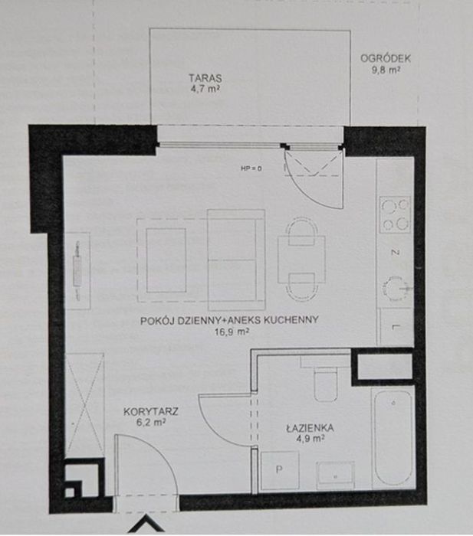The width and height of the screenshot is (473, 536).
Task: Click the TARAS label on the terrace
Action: coord(205,78)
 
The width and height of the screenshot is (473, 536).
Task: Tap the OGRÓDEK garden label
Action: coord(386,58)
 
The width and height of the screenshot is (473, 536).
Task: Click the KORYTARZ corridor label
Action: coord(151,411)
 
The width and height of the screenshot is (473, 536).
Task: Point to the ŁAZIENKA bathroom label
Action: coord(310,428)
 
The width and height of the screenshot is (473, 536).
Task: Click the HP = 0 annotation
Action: coord(251,168)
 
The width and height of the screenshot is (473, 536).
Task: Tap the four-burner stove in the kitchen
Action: coord(396,214)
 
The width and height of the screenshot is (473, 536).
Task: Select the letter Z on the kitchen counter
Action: coord(396,253)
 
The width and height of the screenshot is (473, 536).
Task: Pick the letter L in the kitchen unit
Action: coord(396,327)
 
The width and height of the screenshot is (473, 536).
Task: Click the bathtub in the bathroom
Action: coord(393,437)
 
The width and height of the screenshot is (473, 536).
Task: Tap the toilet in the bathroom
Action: coord(326,384)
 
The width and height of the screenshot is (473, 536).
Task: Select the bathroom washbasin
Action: coord(336,476)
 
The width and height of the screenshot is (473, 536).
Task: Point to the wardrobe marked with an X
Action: coord(84,405)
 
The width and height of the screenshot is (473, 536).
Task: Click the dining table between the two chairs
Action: coord(301,260)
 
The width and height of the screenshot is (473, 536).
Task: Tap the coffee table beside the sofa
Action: coord(166,260)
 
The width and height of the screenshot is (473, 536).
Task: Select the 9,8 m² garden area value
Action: coord(386,70)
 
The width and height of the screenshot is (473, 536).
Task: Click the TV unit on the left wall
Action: coord(77,271)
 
